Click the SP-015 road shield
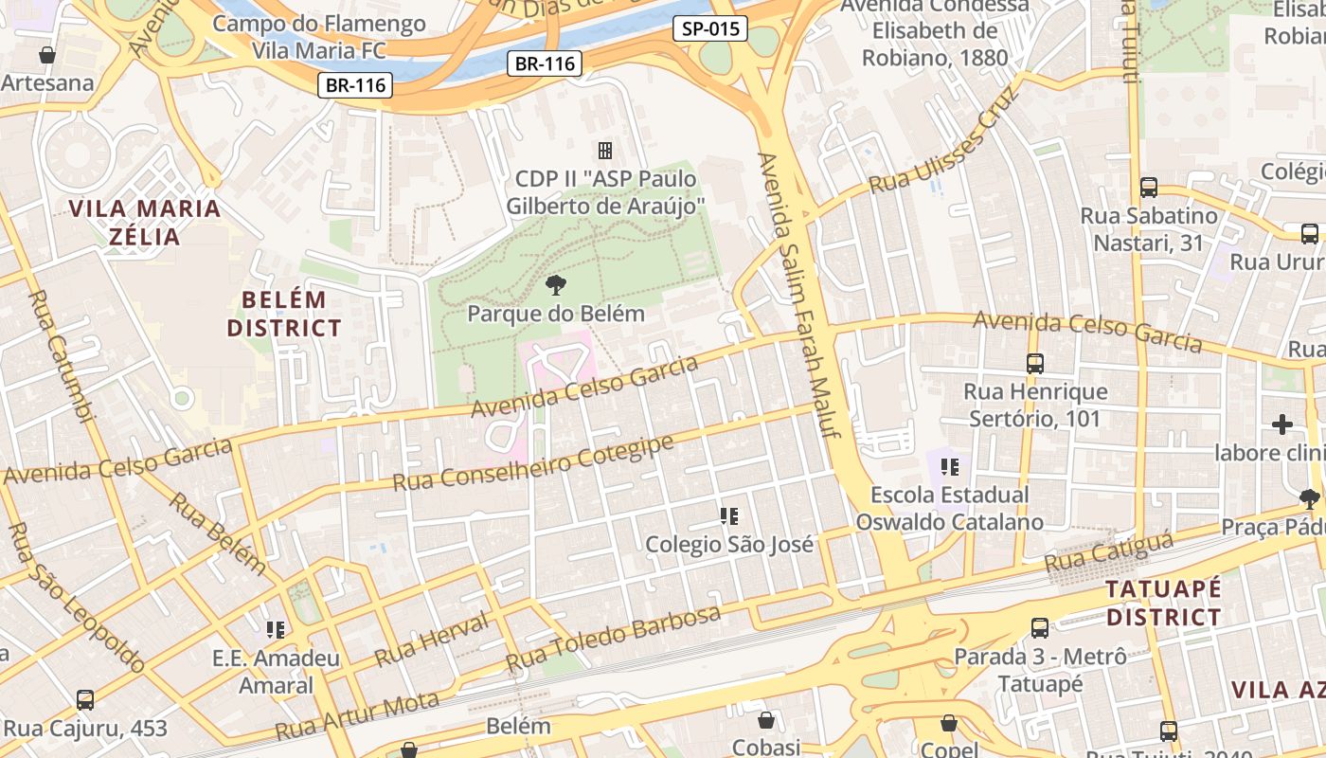point(710,28)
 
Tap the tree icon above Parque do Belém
point(556,284)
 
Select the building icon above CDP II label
point(604,150)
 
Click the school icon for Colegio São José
point(728,516)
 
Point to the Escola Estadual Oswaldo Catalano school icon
point(950,466)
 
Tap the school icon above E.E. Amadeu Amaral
point(276,629)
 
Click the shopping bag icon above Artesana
point(47,55)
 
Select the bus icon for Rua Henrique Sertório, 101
point(1034,363)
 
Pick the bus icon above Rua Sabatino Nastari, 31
point(1149,187)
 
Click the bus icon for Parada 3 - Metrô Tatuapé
point(1039,627)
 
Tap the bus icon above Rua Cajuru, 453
point(85,700)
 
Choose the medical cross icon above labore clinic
point(1282,424)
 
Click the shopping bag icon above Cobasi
point(765,721)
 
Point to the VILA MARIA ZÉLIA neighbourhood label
point(145,222)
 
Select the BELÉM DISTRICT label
point(283,315)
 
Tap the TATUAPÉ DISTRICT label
point(1164,603)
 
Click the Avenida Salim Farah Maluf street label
point(800,294)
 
